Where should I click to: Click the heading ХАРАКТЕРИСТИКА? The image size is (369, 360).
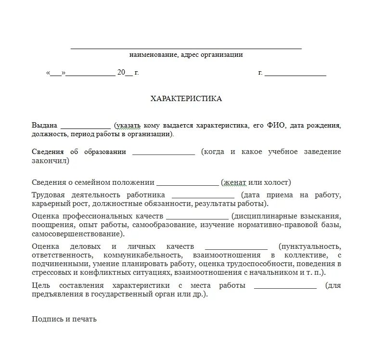tap(186, 99)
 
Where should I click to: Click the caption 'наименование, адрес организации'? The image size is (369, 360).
tap(186, 55)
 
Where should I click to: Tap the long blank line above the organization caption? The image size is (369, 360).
tap(186, 49)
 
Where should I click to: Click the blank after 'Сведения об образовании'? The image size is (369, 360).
tap(163, 154)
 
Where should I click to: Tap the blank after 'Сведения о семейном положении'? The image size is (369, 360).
tap(188, 184)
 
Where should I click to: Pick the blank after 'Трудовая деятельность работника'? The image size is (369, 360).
tap(203, 197)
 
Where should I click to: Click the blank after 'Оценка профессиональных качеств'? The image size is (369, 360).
tap(197, 218)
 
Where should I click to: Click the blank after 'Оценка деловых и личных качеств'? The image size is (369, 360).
tap(236, 247)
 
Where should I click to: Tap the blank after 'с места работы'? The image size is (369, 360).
tap(285, 287)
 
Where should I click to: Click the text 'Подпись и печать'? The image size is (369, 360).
tap(64, 319)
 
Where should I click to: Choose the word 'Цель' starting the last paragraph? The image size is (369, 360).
tap(41, 285)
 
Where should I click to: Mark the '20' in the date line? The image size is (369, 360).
tap(121, 73)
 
